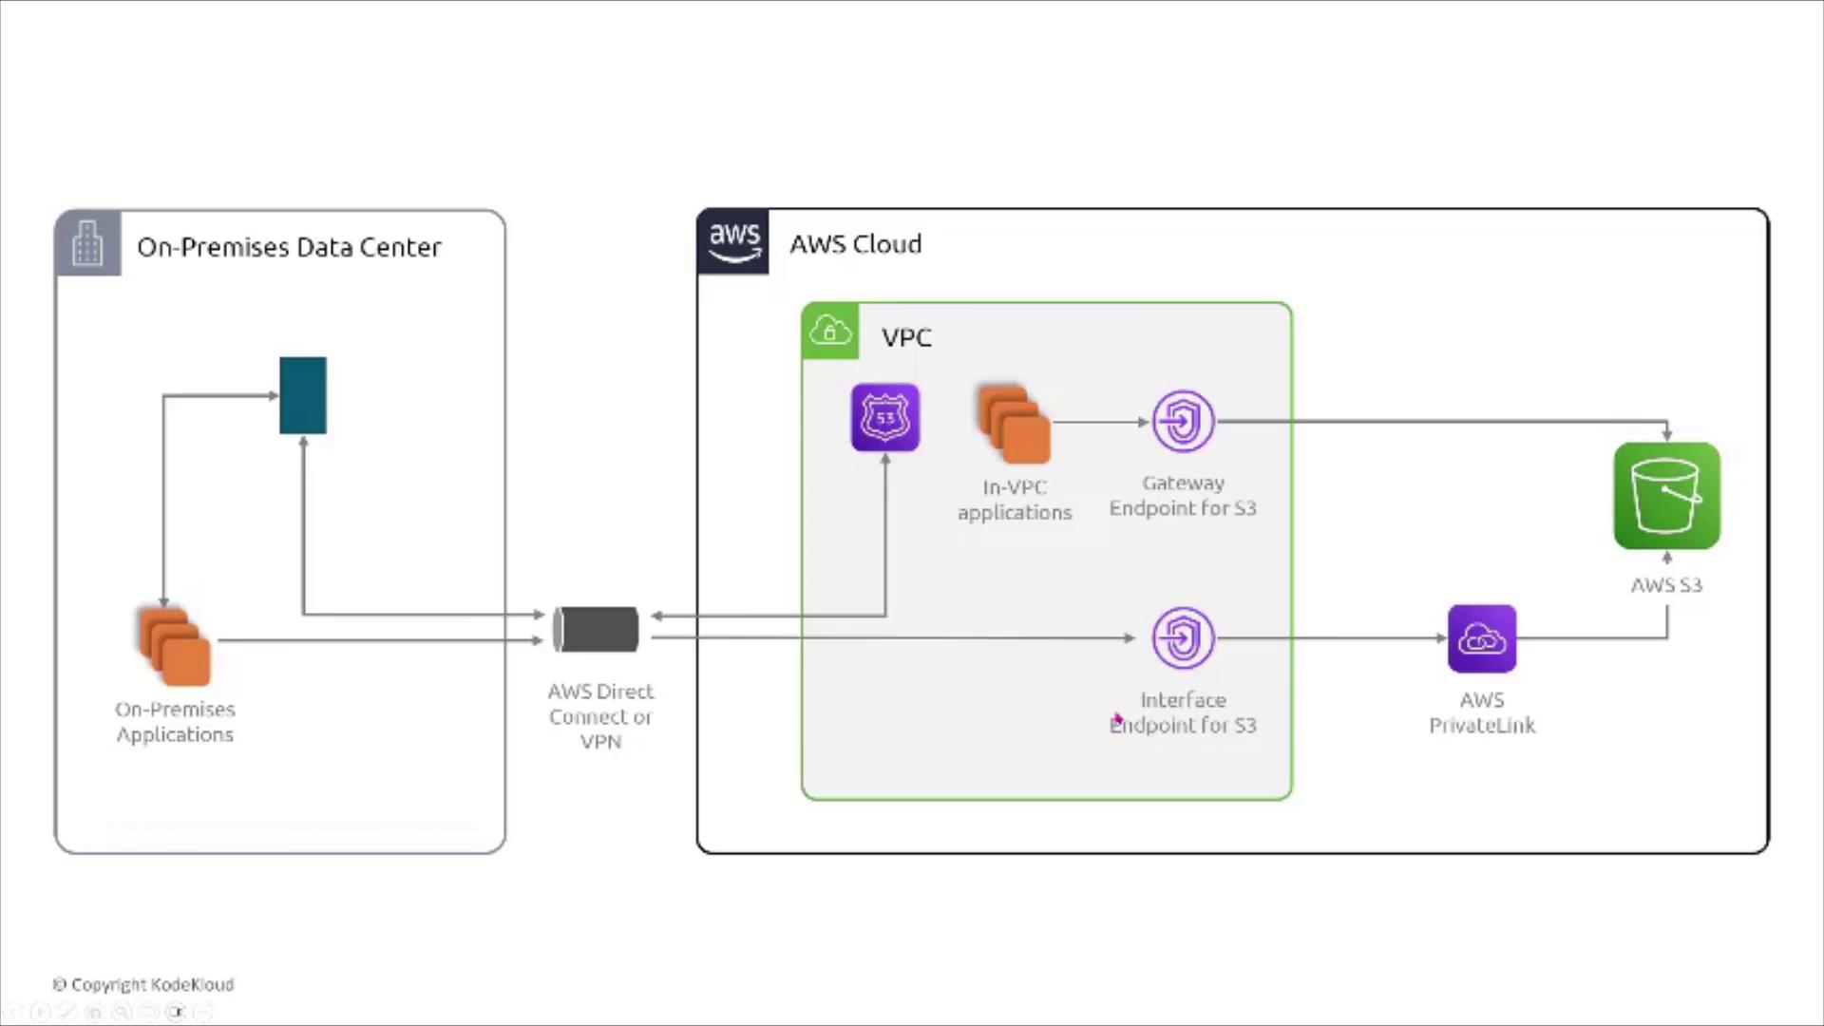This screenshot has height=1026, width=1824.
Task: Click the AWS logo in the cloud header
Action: point(733,242)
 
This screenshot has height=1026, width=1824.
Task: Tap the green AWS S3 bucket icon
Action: point(1666,495)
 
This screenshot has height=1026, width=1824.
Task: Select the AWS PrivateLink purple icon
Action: point(1482,638)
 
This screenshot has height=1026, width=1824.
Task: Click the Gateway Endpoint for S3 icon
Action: point(1183,421)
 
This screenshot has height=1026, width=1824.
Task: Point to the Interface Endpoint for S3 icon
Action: point(1183,637)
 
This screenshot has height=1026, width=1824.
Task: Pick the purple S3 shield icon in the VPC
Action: point(885,417)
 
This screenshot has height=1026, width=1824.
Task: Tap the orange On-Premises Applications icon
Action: point(175,645)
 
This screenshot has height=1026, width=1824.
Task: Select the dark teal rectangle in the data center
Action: point(303,395)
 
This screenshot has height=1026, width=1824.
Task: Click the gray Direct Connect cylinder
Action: point(597,629)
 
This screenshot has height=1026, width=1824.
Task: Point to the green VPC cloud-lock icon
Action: point(830,331)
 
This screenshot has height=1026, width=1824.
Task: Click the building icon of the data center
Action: point(87,243)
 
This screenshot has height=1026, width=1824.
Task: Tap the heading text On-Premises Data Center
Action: point(289,247)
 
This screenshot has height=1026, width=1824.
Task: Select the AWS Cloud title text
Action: point(855,244)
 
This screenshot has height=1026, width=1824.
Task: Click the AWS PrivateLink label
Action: point(1482,712)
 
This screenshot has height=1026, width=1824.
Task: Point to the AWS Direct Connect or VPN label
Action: point(600,716)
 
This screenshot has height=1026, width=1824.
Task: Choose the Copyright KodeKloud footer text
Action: point(143,984)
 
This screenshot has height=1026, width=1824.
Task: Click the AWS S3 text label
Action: point(1666,585)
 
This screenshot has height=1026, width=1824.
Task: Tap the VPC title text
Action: point(906,337)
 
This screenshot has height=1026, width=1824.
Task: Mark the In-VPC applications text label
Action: point(1015,500)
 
